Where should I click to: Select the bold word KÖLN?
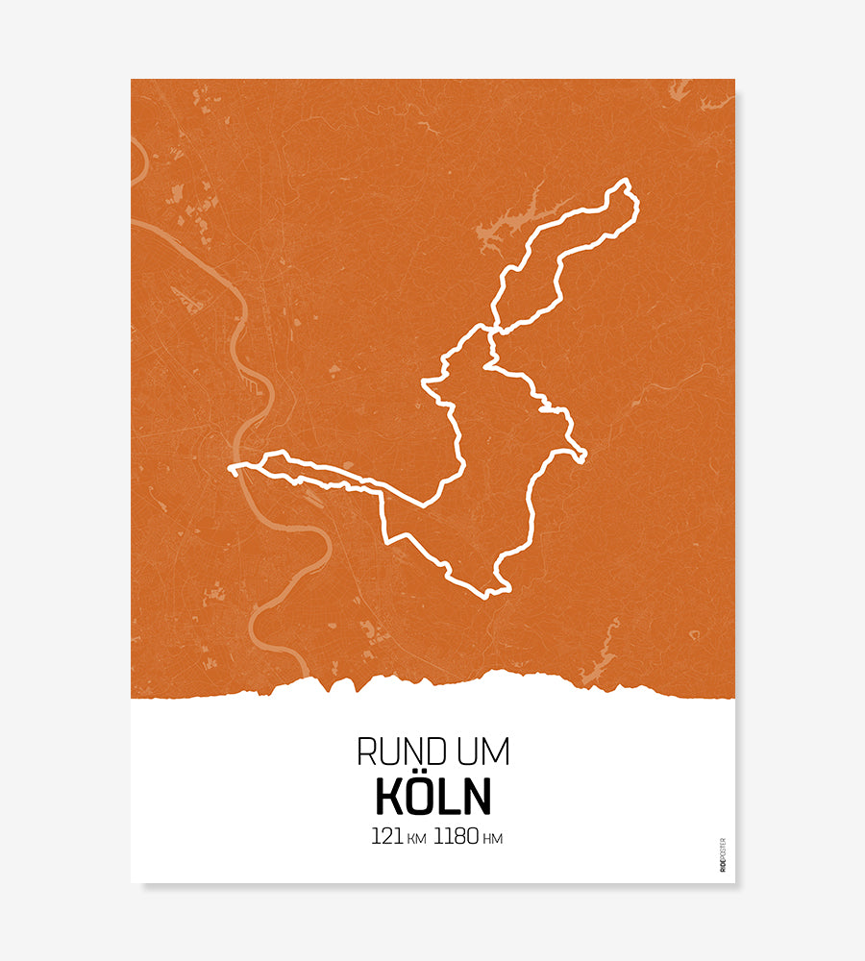pos(432,797)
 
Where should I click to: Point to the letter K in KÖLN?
pos(388,798)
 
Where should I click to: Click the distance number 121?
pos(386,837)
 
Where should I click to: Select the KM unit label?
pos(416,839)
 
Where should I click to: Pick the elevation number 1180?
pos(456,837)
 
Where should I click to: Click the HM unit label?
pos(492,839)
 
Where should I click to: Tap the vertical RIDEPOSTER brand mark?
pos(723,855)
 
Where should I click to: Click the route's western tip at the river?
pos(232,469)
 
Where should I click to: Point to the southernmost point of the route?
pos(488,595)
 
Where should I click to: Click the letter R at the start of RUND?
pos(365,752)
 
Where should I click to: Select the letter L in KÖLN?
pos(451,798)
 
